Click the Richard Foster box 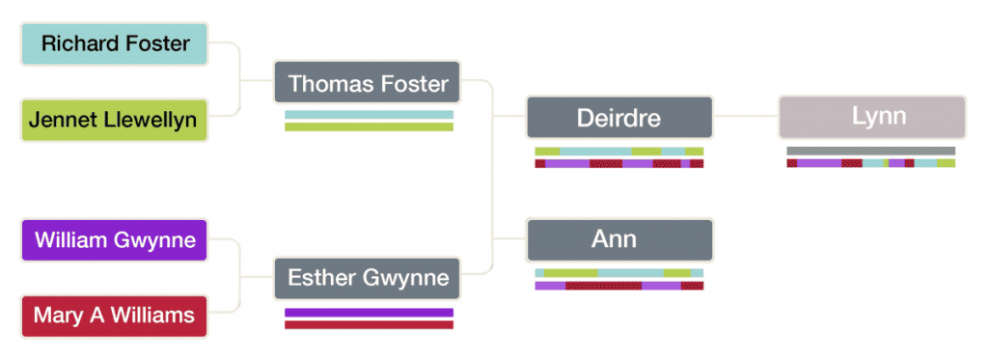coord(114,44)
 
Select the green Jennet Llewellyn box coord(114,120)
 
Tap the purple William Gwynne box coord(114,240)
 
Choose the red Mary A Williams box coord(114,316)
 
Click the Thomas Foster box coord(368,84)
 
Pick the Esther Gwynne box coord(368,278)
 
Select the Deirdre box coord(618,118)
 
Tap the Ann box coord(618,239)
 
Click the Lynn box coord(870,118)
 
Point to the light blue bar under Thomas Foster coord(368,115)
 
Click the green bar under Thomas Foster coord(368,126)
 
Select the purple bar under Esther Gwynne coord(368,313)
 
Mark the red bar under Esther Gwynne coord(368,324)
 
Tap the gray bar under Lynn coord(870,151)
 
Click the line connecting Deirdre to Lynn coord(745,117)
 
